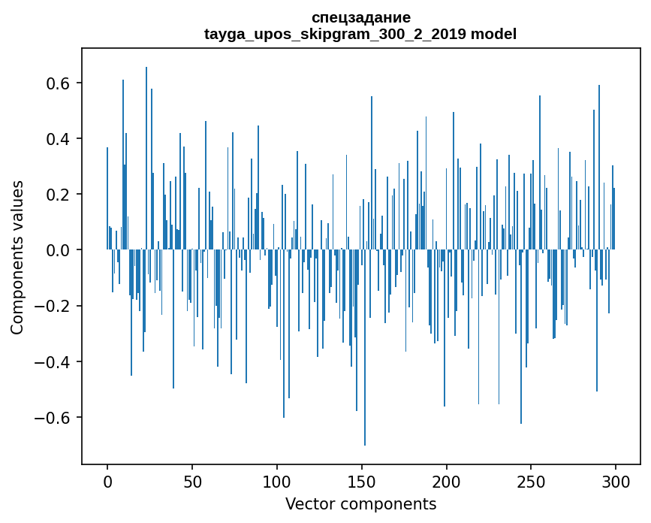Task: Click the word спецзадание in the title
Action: [x=360, y=17]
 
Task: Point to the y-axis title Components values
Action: [x=17, y=257]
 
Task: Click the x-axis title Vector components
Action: [x=360, y=503]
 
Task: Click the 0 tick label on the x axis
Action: [x=107, y=482]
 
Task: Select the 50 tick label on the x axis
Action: [x=192, y=482]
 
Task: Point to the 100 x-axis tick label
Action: [x=277, y=482]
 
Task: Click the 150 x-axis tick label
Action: [x=362, y=482]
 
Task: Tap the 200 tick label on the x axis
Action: [x=447, y=482]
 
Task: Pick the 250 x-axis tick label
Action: [x=532, y=482]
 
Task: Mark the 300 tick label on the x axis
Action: [x=616, y=482]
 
